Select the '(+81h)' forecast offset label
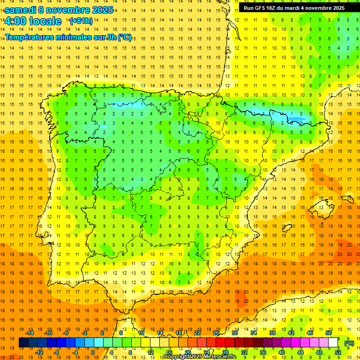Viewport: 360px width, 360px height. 81,21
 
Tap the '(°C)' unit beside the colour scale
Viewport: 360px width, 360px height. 349,343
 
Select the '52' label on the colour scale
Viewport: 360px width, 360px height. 338,352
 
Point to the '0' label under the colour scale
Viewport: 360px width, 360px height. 93,352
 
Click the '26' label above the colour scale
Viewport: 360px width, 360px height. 217,333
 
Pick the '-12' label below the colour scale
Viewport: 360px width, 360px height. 38,352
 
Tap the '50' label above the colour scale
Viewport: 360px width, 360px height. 329,333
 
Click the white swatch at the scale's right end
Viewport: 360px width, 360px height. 333,343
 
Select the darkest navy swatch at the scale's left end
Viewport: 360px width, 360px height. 23,343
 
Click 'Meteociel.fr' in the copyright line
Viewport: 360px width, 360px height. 220,357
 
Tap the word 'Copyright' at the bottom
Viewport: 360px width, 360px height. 178,357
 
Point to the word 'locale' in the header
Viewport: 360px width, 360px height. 45,21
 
